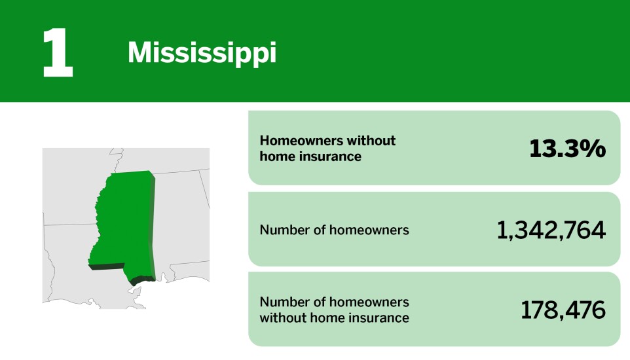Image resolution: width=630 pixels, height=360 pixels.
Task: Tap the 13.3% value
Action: point(567,149)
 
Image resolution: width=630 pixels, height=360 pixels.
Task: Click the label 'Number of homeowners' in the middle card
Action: point(334,230)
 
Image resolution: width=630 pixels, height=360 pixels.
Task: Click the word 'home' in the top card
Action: point(274,156)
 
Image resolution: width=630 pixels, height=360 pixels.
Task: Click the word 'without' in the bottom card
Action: point(282,318)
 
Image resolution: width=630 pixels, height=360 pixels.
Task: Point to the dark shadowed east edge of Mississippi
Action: point(155,223)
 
